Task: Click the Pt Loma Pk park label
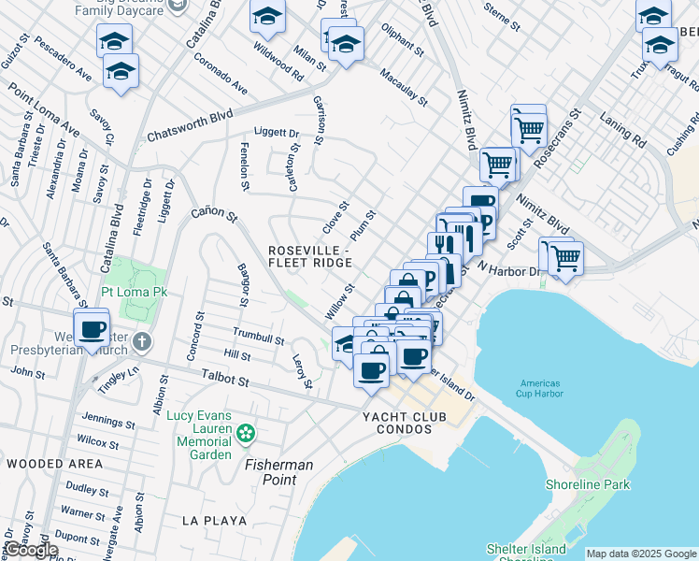[x=136, y=293]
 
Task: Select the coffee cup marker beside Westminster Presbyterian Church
[x=92, y=330]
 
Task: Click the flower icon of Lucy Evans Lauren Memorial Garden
[x=246, y=433]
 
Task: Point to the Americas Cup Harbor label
[x=542, y=390]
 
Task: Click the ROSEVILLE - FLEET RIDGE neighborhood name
[x=308, y=257]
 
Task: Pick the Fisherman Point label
[x=278, y=472]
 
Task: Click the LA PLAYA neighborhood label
[x=214, y=520]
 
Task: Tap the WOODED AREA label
[x=54, y=464]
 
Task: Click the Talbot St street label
[x=225, y=379]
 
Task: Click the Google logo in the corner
[x=30, y=550]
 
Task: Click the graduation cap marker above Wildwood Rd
[x=268, y=18]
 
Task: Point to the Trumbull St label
[x=258, y=337]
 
